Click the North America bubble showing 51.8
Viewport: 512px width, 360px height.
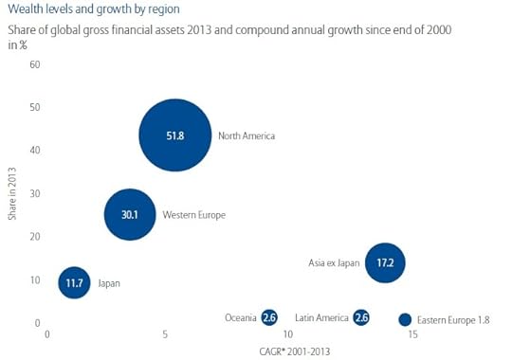tap(174, 135)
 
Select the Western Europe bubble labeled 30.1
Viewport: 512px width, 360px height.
tap(131, 215)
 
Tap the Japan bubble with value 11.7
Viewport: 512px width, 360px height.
tap(74, 282)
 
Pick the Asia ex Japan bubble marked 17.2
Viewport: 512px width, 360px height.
tap(385, 262)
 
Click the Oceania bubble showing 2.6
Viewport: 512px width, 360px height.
tap(269, 318)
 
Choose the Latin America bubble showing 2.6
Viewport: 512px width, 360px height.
tap(360, 318)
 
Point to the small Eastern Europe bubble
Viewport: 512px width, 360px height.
tap(405, 320)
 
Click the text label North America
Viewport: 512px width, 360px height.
tap(246, 136)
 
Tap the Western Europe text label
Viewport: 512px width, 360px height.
tap(194, 216)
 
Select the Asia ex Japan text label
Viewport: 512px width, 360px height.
tap(335, 262)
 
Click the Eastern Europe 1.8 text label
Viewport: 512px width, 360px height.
tap(453, 320)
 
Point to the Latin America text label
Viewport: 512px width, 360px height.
tap(321, 318)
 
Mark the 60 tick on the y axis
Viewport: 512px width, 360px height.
tap(34, 64)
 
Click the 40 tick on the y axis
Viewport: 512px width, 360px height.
tap(34, 151)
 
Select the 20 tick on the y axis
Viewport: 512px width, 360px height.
tap(34, 237)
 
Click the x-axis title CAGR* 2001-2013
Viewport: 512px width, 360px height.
tap(296, 351)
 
